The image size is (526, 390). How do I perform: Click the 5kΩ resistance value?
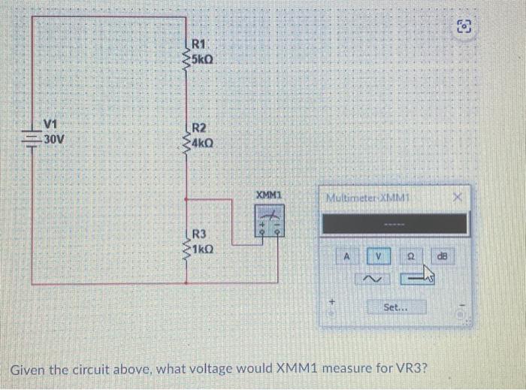[x=206, y=58]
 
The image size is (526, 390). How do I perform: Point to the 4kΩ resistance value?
[x=206, y=141]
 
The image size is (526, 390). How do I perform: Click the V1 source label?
[x=51, y=124]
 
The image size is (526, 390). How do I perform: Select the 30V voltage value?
[x=54, y=140]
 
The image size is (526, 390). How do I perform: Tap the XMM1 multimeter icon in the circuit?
[x=268, y=221]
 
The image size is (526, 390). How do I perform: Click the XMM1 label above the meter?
[x=268, y=195]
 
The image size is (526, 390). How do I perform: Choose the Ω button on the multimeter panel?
[x=412, y=256]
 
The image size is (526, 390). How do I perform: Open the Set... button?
[x=396, y=307]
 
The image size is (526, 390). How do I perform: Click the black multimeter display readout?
[x=395, y=223]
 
